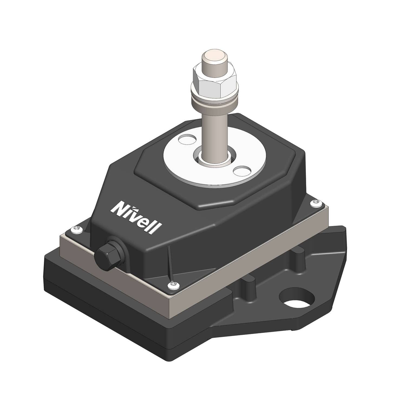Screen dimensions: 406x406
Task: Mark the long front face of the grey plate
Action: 244,260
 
